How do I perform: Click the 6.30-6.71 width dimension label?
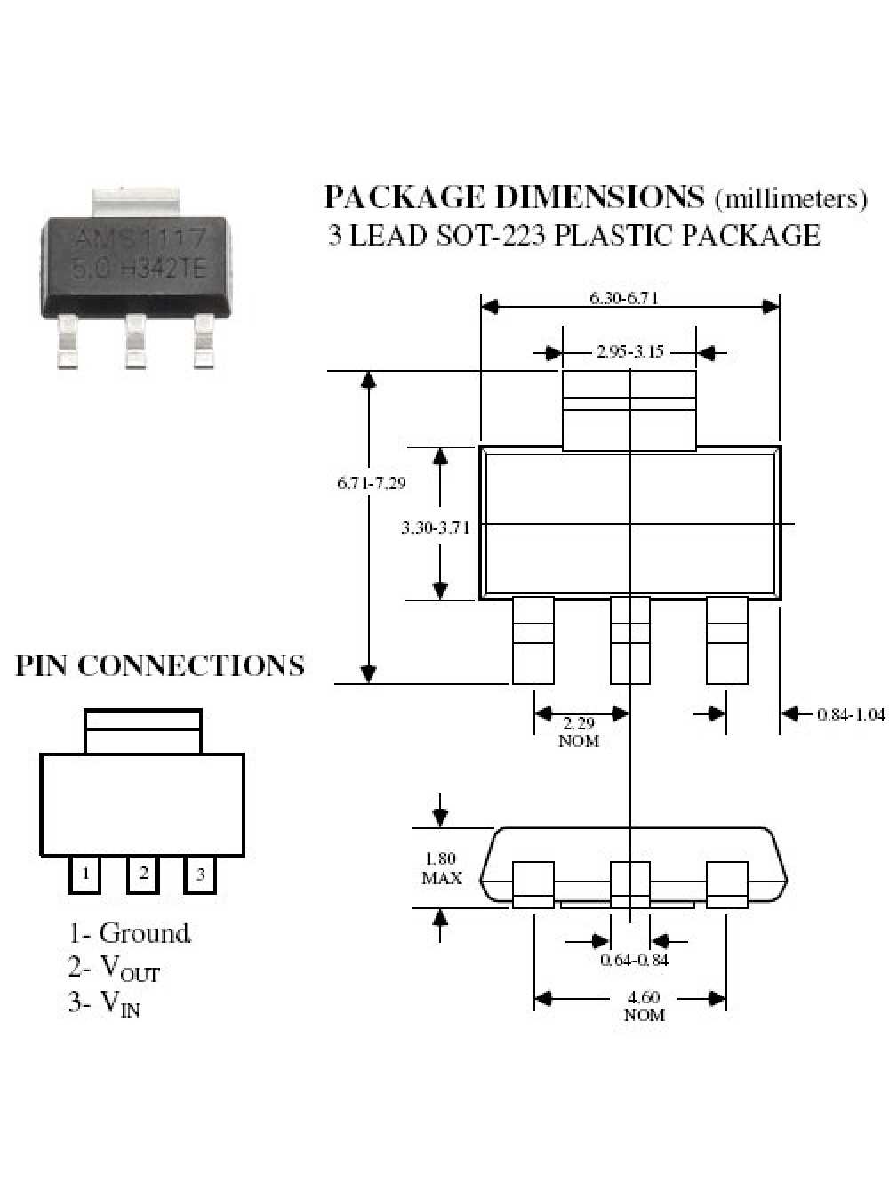623,298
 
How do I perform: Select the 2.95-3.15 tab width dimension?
629,351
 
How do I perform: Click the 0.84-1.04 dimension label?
851,713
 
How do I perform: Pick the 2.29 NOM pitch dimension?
579,731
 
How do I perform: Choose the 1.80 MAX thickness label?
441,868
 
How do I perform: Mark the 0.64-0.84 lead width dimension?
634,959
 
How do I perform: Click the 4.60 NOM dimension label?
644,1006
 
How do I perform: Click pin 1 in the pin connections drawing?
84,874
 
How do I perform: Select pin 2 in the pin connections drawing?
142,874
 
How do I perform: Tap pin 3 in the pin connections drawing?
200,874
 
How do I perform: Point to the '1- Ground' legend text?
130,933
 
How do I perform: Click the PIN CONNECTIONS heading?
160,665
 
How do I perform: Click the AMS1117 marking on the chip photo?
139,238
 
